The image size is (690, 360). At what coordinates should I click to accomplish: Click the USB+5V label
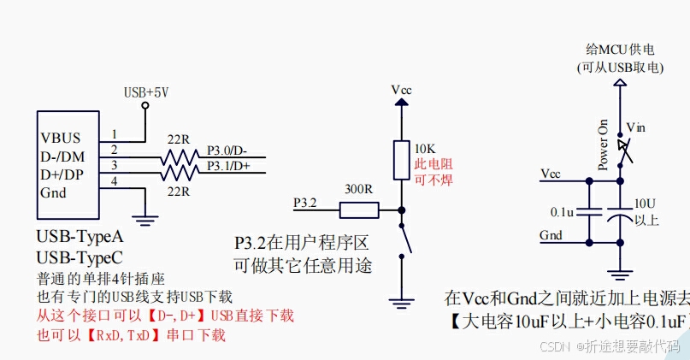146,91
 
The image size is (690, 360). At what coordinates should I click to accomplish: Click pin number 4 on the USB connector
114,180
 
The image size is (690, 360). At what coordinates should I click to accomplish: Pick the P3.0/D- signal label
228,152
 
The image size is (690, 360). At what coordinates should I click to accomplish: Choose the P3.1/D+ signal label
228,166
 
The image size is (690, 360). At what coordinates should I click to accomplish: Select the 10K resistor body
400,159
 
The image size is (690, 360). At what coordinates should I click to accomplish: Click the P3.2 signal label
305,203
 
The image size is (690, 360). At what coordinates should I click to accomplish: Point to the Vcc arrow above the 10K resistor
400,103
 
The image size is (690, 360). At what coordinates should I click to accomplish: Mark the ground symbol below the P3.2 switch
400,300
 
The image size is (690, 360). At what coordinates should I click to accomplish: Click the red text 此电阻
433,163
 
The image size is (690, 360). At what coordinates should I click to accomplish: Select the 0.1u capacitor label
562,210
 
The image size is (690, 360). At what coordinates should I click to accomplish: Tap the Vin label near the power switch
636,127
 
